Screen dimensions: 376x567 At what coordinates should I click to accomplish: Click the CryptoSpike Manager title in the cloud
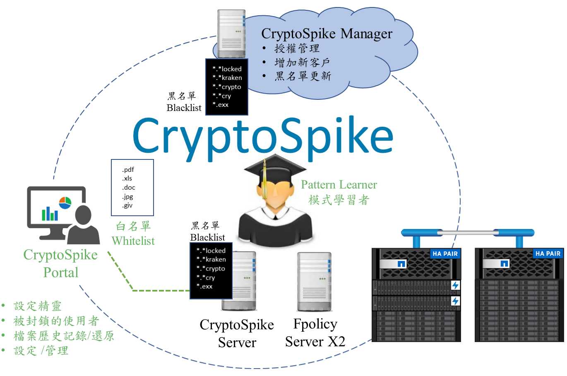coord(327,34)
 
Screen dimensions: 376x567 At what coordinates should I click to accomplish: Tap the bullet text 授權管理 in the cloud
coord(297,48)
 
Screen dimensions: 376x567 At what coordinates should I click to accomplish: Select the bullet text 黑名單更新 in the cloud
coord(303,76)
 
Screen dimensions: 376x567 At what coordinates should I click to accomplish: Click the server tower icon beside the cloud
coord(231,34)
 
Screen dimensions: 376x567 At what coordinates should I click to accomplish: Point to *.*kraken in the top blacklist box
coord(227,78)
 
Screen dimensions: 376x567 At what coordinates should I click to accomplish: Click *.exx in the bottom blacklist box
coord(204,287)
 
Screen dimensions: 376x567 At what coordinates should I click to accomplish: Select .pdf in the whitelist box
coord(128,170)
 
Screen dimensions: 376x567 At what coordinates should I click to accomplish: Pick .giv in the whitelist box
coord(127,205)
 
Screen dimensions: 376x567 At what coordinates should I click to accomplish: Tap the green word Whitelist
coord(133,241)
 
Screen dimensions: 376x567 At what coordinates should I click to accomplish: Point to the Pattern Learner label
coord(339,185)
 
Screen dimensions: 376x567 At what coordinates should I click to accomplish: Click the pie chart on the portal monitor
coord(65,203)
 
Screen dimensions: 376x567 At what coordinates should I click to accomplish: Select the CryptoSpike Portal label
coord(60,263)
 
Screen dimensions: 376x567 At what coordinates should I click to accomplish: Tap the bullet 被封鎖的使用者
coord(56,321)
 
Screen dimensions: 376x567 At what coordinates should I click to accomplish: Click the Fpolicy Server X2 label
coord(315,333)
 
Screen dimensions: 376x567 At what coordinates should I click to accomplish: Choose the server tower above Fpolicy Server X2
coord(315,282)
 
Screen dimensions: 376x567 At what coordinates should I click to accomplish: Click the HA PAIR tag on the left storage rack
coord(445,254)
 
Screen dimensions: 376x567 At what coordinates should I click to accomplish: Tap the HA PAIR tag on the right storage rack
coord(548,253)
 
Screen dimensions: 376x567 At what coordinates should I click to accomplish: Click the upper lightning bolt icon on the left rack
coord(455,285)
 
